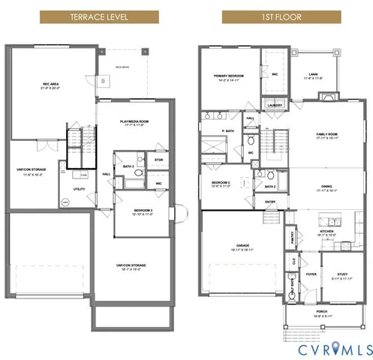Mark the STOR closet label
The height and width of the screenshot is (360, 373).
coord(158,160)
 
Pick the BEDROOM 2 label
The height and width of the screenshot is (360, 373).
coord(221,184)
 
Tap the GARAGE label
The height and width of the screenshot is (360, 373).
coord(242,247)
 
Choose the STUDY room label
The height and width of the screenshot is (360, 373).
coord(341,274)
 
